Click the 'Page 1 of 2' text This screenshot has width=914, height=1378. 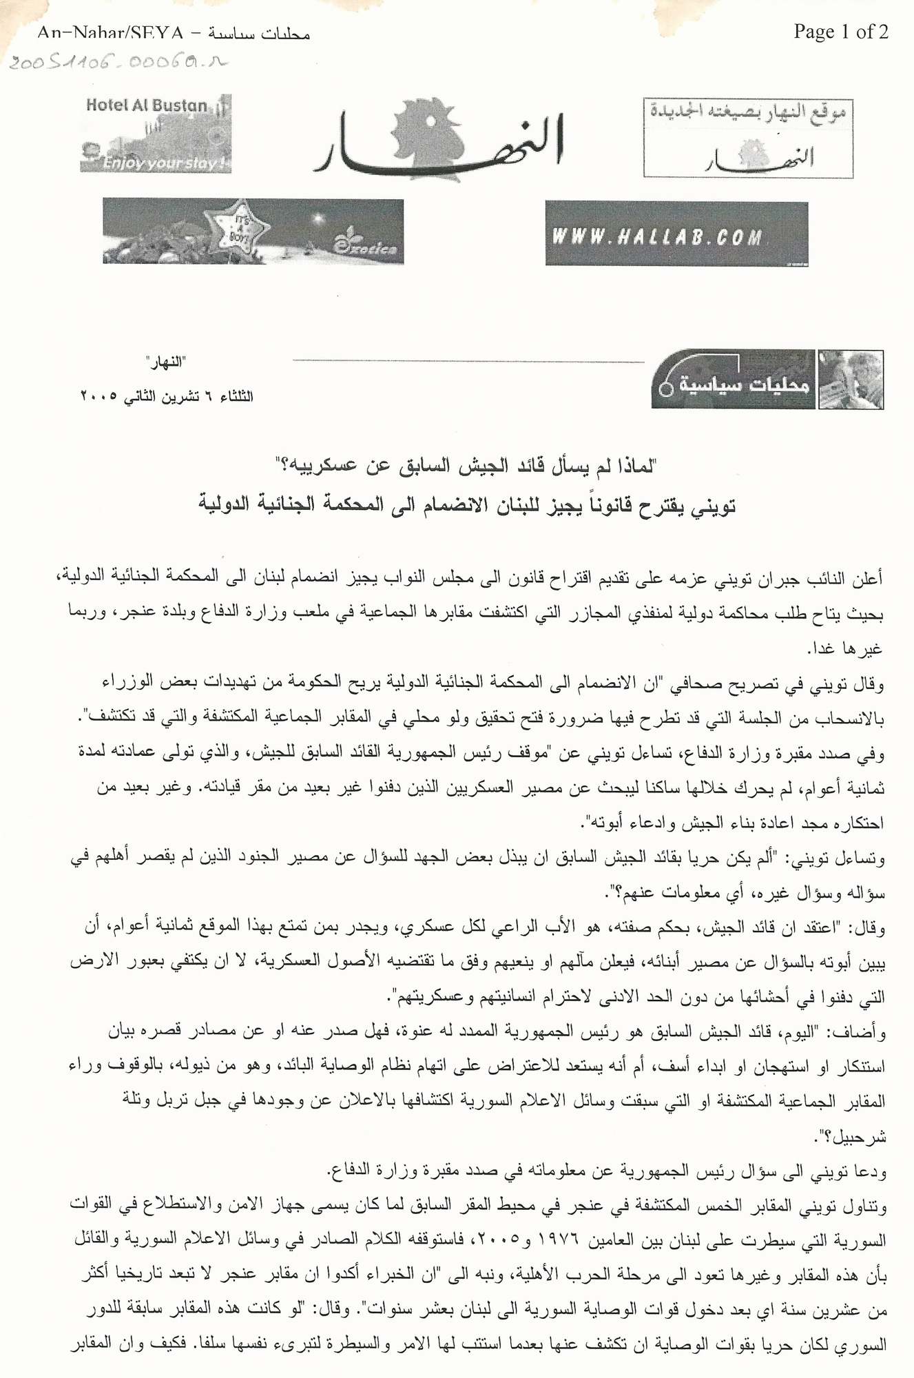point(840,32)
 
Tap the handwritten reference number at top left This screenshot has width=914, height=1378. point(117,63)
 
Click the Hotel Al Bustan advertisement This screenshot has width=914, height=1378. point(156,134)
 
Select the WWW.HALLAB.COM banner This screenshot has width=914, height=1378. point(676,234)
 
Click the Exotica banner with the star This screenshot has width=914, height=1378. point(253,232)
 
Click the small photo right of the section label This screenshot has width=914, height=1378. point(851,380)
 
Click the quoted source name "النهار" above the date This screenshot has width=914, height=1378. point(165,362)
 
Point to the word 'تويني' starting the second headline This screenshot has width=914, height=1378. point(712,506)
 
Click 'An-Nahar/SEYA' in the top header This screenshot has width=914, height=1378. point(111,32)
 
